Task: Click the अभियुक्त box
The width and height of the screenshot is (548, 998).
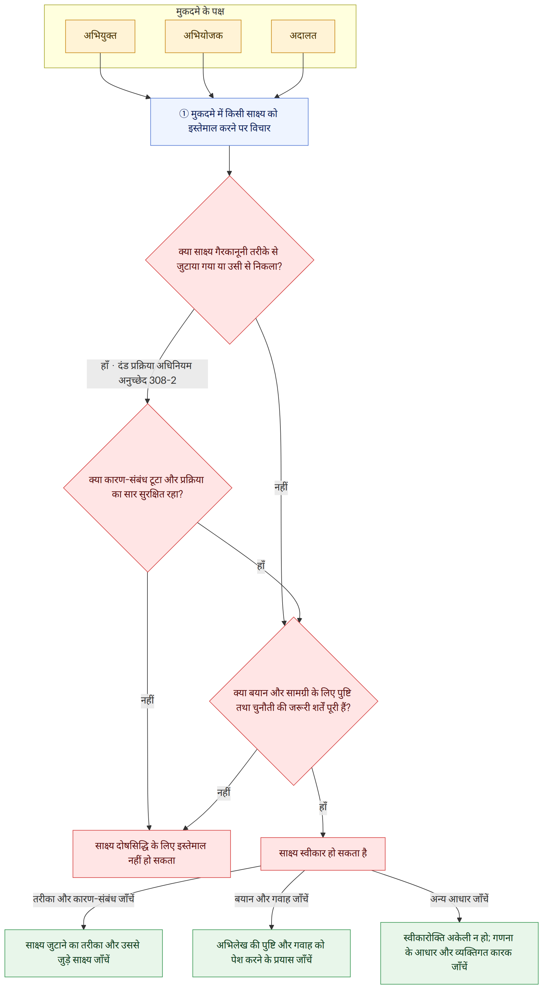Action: [x=100, y=36]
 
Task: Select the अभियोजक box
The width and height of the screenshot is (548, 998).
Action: [x=203, y=36]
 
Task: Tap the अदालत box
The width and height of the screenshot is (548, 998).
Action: [x=303, y=36]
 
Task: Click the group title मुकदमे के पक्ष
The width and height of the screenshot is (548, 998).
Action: [x=200, y=12]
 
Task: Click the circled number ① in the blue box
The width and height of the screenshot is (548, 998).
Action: [x=184, y=113]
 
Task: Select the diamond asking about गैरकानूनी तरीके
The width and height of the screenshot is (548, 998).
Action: [x=229, y=260]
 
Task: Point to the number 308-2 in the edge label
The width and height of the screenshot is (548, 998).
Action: [x=163, y=380]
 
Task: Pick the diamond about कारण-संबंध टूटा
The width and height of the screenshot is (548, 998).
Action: [x=148, y=488]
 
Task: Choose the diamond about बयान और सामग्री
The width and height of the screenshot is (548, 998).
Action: [x=293, y=701]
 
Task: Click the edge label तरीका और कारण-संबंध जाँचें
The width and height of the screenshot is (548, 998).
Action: [x=83, y=899]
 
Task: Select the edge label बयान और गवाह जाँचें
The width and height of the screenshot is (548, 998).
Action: [x=271, y=899]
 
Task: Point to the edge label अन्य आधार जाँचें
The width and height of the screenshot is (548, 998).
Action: [x=459, y=899]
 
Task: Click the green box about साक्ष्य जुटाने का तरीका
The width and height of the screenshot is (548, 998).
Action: [x=83, y=953]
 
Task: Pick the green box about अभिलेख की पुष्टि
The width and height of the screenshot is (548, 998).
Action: [x=271, y=953]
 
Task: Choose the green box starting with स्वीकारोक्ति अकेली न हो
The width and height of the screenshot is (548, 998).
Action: [x=459, y=953]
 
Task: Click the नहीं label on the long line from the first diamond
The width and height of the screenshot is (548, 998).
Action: [x=281, y=487]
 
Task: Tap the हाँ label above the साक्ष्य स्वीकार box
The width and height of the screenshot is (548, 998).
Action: [x=323, y=808]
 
